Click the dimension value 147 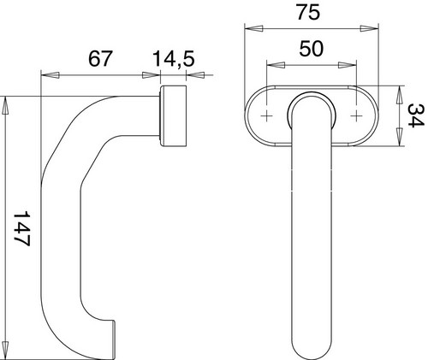coord(22,228)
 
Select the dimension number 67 coord(99,59)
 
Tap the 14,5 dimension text coord(174,59)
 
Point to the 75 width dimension coord(308,12)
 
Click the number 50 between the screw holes coord(312,48)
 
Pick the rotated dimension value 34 coord(415,115)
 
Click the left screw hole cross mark coord(266,116)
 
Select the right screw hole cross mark coord(356,116)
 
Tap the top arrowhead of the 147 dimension coord(5,106)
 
